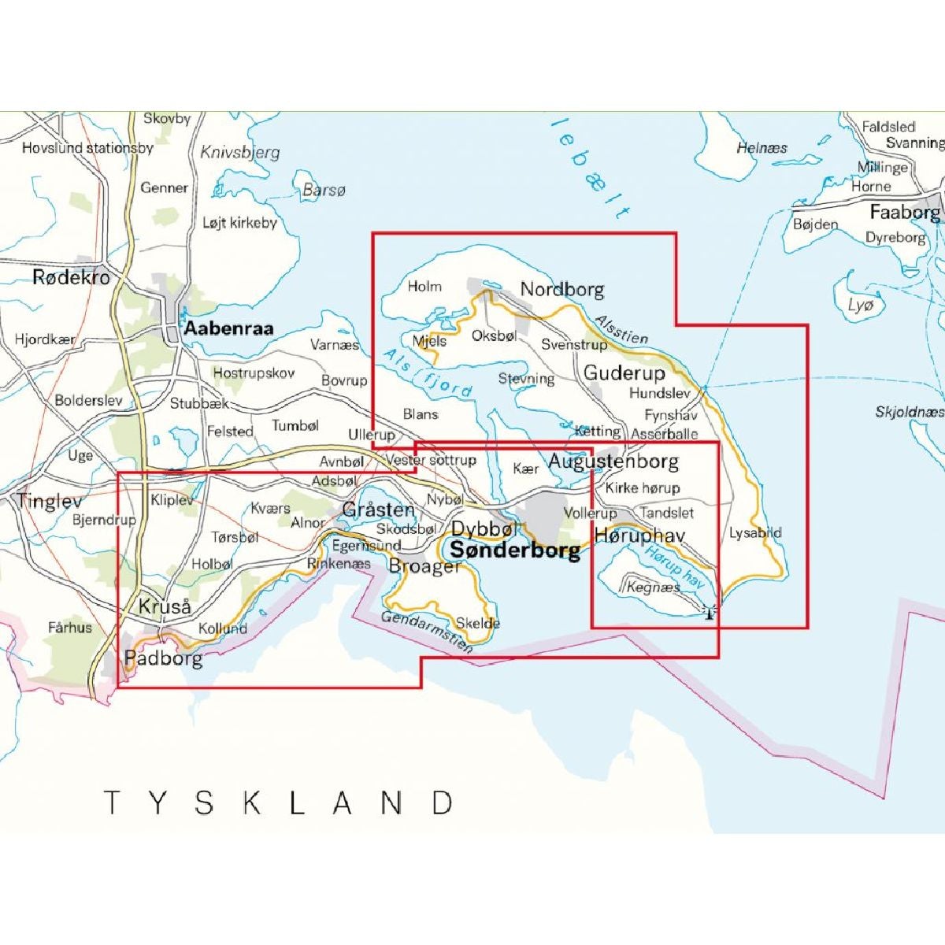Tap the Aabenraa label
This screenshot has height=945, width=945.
(228, 328)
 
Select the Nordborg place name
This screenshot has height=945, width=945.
(562, 290)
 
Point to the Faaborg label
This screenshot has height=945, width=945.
(904, 213)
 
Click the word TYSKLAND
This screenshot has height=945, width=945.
(279, 803)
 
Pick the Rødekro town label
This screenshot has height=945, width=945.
(71, 277)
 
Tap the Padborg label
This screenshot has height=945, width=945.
(164, 658)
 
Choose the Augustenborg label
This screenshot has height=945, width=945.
(613, 461)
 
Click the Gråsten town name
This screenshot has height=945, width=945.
(378, 510)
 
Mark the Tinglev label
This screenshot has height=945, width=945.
(50, 501)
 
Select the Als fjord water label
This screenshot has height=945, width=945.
(428, 373)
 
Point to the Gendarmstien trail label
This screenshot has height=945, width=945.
(428, 632)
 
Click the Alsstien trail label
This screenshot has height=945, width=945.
(621, 329)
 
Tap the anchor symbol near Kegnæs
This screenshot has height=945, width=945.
(709, 611)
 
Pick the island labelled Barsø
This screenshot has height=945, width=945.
(324, 190)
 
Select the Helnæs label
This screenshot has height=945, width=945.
(762, 147)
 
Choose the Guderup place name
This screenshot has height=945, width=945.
(624, 372)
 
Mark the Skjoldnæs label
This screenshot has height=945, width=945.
(909, 412)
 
